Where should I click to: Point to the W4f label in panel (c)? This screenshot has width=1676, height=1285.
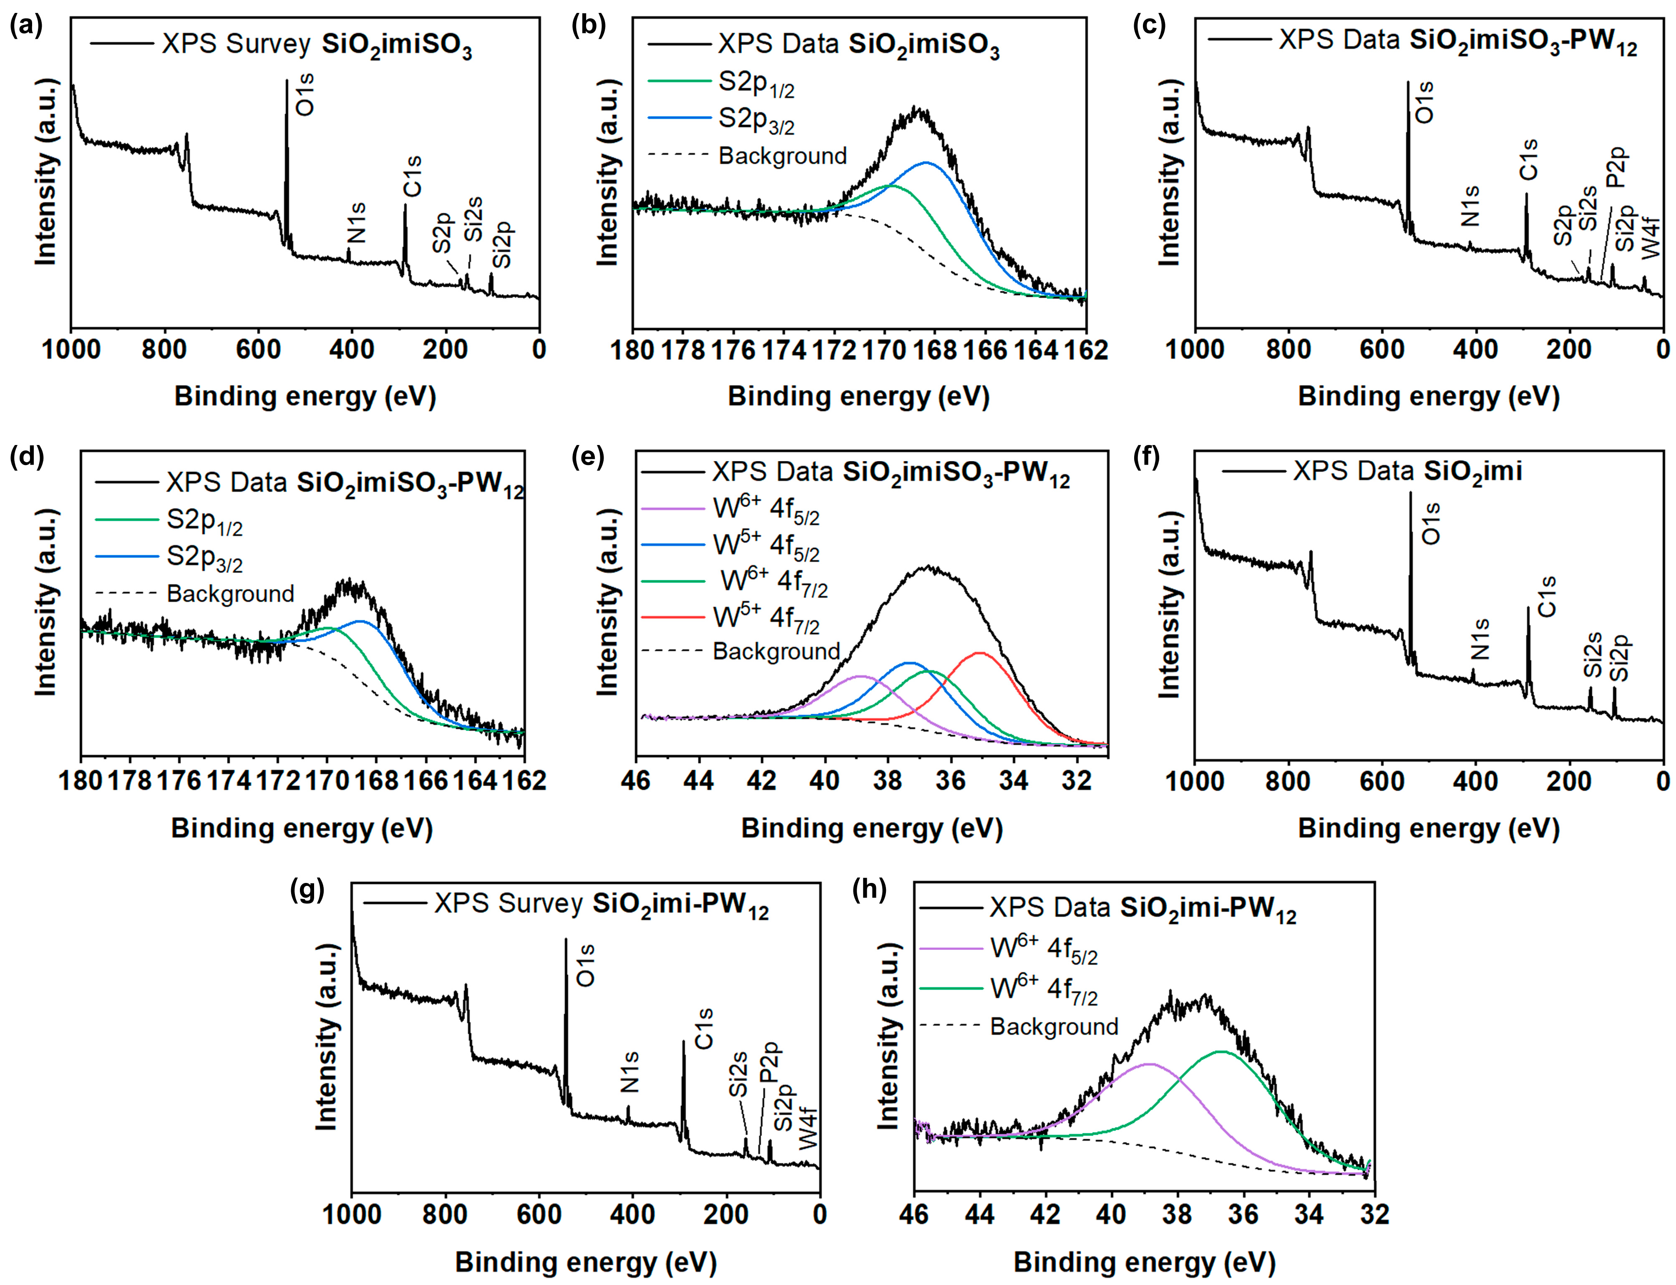pyautogui.click(x=1651, y=238)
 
